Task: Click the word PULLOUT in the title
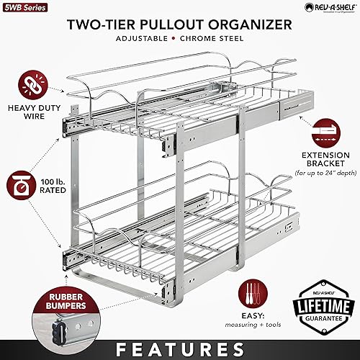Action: pos(173,24)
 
